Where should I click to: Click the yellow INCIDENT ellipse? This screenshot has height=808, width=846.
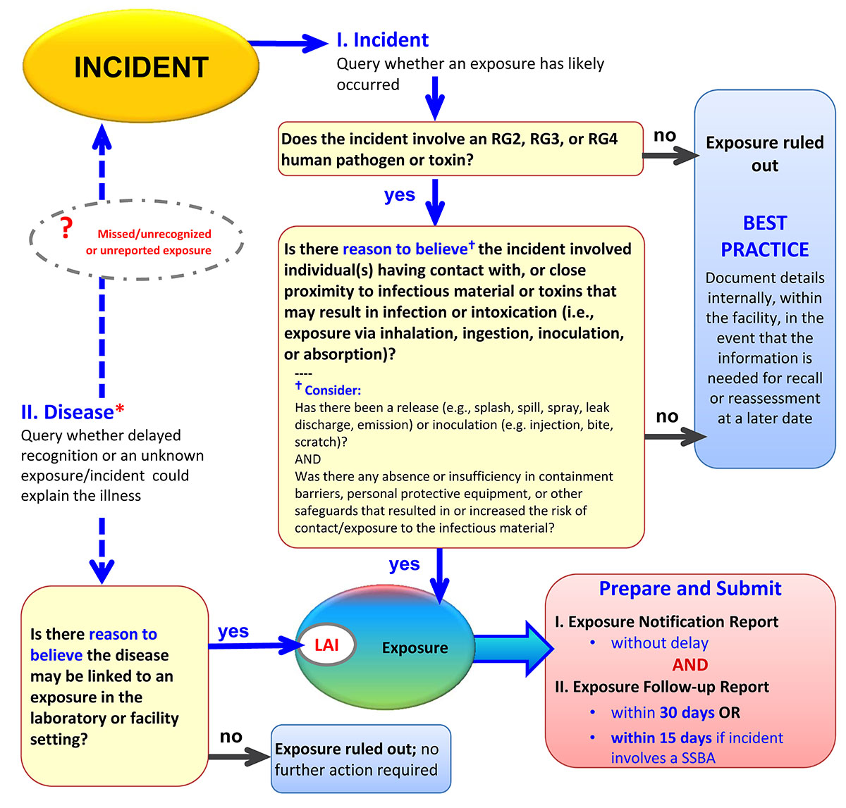[x=141, y=68]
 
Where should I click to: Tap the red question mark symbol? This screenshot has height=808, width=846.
[x=66, y=228]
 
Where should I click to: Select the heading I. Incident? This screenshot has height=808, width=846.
[x=382, y=39]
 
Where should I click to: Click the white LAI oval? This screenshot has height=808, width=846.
[x=326, y=645]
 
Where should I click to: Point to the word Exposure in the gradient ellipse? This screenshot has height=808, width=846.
[x=415, y=648]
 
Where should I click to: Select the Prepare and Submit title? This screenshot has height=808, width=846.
[x=689, y=589]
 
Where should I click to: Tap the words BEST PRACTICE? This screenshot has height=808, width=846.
[x=764, y=237]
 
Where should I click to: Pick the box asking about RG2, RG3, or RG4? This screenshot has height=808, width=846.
[x=460, y=149]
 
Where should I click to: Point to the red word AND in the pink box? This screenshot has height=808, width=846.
[x=689, y=665]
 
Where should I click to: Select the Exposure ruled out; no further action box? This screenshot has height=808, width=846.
[x=360, y=759]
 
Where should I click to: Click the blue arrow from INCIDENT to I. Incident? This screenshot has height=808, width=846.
[x=289, y=43]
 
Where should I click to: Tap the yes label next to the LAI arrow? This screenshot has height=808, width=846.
[x=233, y=631]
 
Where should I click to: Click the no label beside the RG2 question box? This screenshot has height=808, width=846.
[x=664, y=135]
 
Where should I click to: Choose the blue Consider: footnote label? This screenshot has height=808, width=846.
[x=331, y=390]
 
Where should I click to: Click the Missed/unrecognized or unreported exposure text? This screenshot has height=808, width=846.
[x=149, y=242]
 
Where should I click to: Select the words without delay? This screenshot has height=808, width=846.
[x=659, y=643]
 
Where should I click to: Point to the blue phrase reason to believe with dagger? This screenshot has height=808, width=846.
[x=406, y=249]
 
